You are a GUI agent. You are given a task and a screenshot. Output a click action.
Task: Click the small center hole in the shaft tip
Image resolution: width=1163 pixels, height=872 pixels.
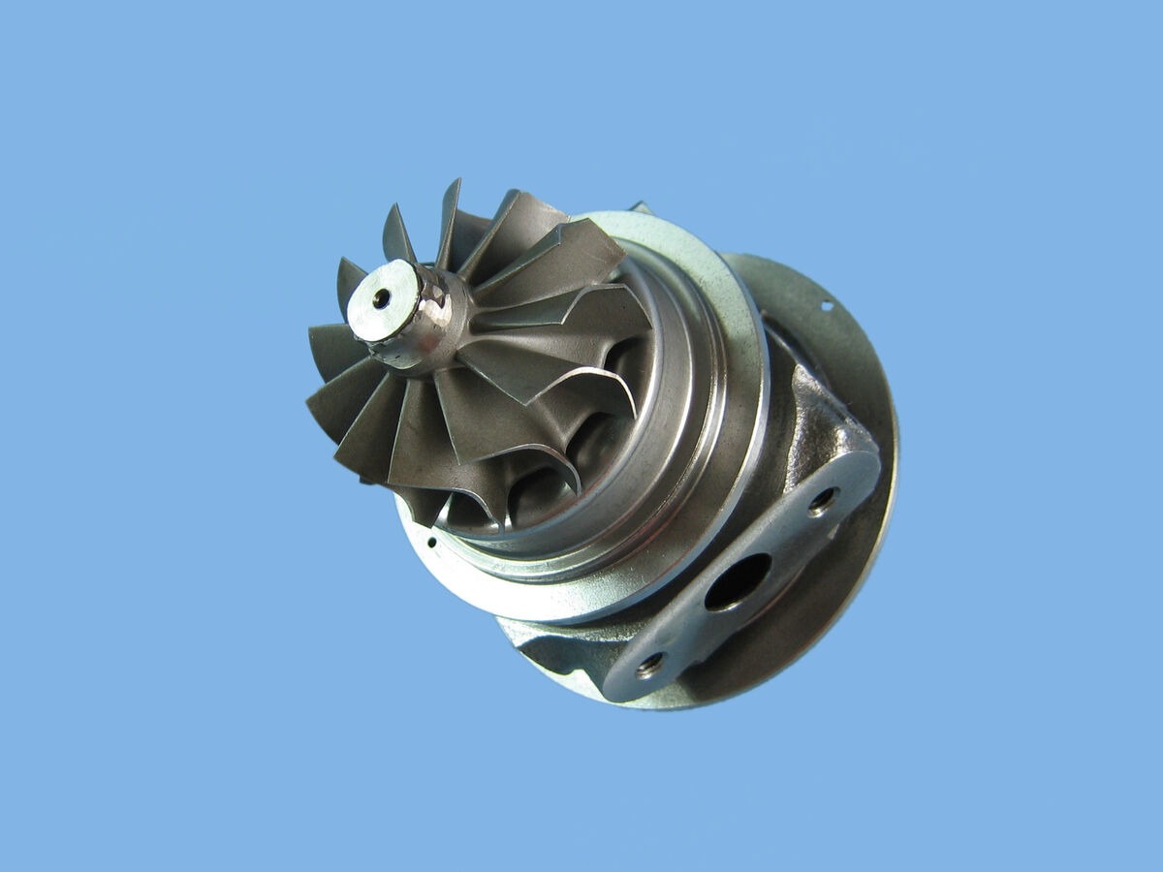point(381,298)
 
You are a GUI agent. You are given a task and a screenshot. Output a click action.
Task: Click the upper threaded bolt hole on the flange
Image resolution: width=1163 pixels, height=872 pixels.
point(823,500)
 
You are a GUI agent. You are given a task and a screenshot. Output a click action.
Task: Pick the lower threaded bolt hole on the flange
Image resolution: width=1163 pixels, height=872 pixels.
point(649,664)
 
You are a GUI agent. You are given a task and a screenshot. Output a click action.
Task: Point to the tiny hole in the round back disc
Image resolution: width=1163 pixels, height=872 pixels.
point(828,306)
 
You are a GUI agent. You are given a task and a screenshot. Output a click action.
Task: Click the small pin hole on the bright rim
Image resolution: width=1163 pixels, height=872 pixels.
point(430,542)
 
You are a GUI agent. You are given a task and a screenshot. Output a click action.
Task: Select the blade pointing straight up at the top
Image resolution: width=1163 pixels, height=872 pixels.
point(450,218)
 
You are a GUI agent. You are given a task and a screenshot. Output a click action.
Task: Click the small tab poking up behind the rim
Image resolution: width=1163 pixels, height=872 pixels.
point(641,207)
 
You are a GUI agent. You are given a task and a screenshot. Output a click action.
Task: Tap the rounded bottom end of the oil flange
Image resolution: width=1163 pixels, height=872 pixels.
point(625,683)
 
